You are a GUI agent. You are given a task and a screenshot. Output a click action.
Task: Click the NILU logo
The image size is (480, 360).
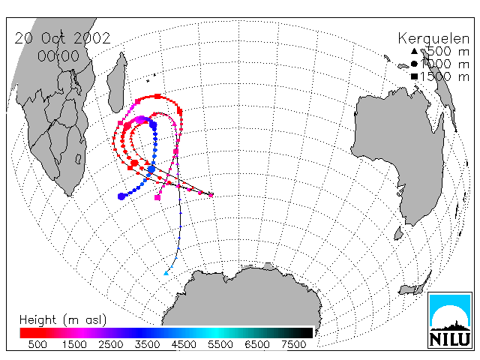[450, 320]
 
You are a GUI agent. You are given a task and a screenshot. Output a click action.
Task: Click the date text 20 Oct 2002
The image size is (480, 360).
[62, 38]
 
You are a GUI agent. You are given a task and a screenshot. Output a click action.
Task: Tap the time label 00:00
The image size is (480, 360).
[58, 56]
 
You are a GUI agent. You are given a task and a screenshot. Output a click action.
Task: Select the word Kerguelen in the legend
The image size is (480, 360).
[433, 39]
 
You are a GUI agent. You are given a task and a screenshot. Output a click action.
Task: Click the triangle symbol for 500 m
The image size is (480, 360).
[414, 51]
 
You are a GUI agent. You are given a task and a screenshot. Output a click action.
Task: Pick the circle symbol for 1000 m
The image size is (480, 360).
[414, 64]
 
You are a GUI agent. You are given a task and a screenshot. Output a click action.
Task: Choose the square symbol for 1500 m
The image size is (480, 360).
[414, 76]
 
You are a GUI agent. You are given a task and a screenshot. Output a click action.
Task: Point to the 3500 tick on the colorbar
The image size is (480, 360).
[147, 345]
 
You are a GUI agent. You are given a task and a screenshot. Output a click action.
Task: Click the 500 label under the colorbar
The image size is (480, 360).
[37, 345]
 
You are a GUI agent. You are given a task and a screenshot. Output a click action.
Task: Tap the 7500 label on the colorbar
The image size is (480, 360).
[293, 345]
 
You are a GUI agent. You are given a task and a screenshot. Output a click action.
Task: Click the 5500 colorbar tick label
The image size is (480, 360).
[220, 345]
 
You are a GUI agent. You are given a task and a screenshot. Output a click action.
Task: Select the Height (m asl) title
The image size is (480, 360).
[63, 320]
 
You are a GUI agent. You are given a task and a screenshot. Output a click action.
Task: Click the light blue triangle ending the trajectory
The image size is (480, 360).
[166, 273]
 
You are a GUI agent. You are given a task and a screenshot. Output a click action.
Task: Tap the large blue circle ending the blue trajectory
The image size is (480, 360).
[121, 196]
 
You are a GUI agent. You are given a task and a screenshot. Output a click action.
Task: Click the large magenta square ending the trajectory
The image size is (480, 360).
[157, 198]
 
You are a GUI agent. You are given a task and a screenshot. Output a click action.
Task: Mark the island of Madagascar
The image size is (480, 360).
[117, 84]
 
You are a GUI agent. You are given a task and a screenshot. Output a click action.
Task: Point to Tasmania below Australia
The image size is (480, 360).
[398, 233]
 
